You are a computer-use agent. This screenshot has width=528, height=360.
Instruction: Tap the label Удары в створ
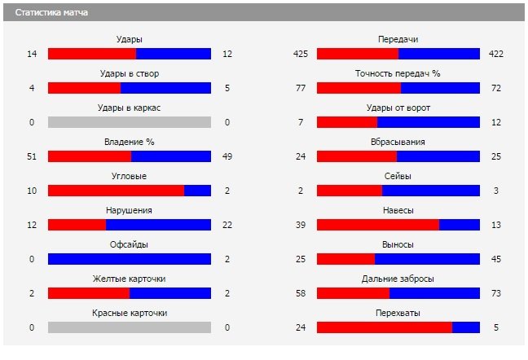[x=130, y=73]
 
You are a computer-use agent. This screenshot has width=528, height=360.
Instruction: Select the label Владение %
[x=130, y=142]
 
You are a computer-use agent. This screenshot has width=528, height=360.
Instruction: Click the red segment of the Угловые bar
[x=116, y=191]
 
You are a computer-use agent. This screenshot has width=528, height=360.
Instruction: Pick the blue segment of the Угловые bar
[x=197, y=191]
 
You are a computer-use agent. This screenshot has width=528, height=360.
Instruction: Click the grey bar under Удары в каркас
[x=130, y=122]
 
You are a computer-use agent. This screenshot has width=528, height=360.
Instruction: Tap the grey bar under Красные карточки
[x=130, y=327]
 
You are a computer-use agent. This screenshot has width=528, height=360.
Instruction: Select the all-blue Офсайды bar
[x=130, y=259]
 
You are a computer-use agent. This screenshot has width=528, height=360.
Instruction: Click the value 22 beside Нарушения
[x=227, y=225]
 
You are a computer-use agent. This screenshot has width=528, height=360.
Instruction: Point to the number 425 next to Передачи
[x=300, y=54]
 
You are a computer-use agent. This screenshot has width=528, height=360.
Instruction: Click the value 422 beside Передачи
[x=496, y=54]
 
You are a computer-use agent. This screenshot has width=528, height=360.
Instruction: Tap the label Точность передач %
[x=398, y=73]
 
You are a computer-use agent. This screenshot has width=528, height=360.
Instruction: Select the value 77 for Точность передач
[x=300, y=88]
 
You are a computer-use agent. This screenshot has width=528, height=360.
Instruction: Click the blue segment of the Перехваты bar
[x=465, y=327]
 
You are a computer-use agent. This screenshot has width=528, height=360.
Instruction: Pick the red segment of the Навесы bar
[x=377, y=225]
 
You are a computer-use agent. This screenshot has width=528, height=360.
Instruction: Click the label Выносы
[x=398, y=244]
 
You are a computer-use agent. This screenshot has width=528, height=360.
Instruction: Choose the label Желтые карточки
[x=130, y=279]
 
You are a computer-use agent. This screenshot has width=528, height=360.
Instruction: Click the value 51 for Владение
[x=32, y=156]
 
